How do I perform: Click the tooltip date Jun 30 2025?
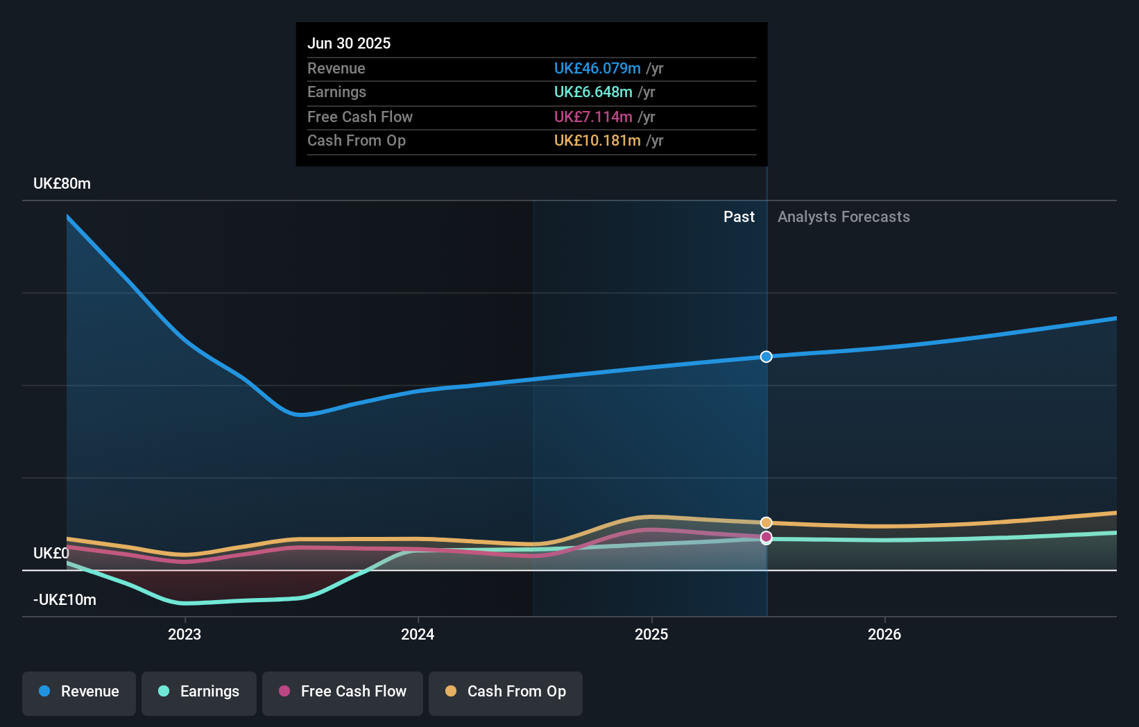coord(349,43)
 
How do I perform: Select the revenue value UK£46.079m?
coord(597,68)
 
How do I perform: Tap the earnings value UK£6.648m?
coord(592,92)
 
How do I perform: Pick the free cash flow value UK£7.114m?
coord(592,117)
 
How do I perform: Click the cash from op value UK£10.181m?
coord(597,140)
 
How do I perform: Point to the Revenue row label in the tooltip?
coord(336,68)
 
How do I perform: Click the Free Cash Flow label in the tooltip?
coord(360,117)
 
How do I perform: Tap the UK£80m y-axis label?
coord(62,183)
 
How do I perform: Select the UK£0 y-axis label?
coord(51,553)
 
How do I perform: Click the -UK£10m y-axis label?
coord(65,599)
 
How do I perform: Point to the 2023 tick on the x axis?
coord(185,634)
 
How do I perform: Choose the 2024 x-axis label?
coord(418,634)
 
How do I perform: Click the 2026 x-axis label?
coord(884,634)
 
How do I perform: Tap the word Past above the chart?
coord(739,216)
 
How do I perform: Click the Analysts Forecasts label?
coord(843,216)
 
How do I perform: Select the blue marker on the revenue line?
coord(766,357)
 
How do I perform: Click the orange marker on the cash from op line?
coord(766,522)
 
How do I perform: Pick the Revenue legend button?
coord(79,692)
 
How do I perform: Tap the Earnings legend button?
coord(199,692)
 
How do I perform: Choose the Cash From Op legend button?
coord(506,692)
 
